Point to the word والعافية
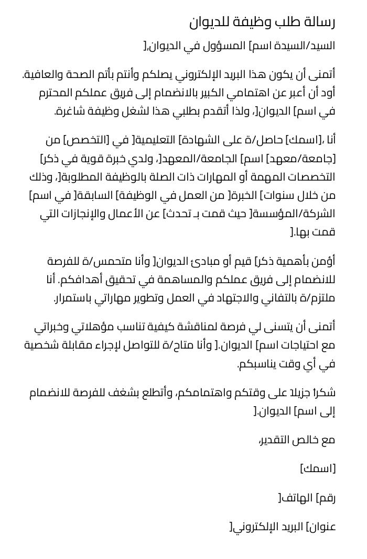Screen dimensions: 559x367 pyautogui.click(x=47, y=74)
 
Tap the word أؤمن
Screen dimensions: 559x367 pyautogui.click(x=325, y=261)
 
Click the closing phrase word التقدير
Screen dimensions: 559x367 pyautogui.click(x=280, y=440)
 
